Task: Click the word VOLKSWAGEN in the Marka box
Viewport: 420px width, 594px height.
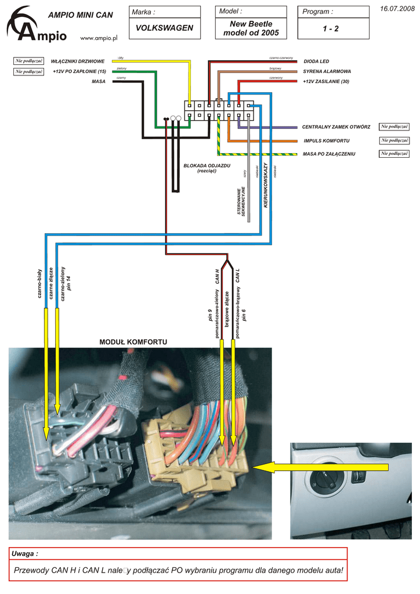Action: click(x=164, y=28)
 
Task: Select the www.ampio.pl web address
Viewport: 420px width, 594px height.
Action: click(x=99, y=38)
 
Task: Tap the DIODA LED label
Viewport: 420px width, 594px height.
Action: click(x=316, y=61)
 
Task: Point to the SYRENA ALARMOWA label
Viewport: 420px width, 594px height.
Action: click(x=327, y=71)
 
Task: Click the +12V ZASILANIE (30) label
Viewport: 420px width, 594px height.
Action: click(x=326, y=82)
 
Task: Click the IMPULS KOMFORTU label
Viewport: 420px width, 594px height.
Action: click(x=327, y=140)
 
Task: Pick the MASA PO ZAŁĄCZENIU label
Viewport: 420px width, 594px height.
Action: click(x=329, y=154)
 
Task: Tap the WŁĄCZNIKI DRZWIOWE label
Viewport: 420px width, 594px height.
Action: click(x=77, y=61)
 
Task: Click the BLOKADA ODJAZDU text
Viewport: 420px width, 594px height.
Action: click(x=207, y=165)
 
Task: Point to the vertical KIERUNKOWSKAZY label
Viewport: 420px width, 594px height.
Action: click(x=266, y=186)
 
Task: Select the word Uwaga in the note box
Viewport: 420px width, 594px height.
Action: click(x=25, y=554)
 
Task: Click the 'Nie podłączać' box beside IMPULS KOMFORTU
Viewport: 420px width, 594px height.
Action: click(x=394, y=140)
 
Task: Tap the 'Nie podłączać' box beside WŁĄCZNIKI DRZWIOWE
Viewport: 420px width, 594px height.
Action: click(x=29, y=61)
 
